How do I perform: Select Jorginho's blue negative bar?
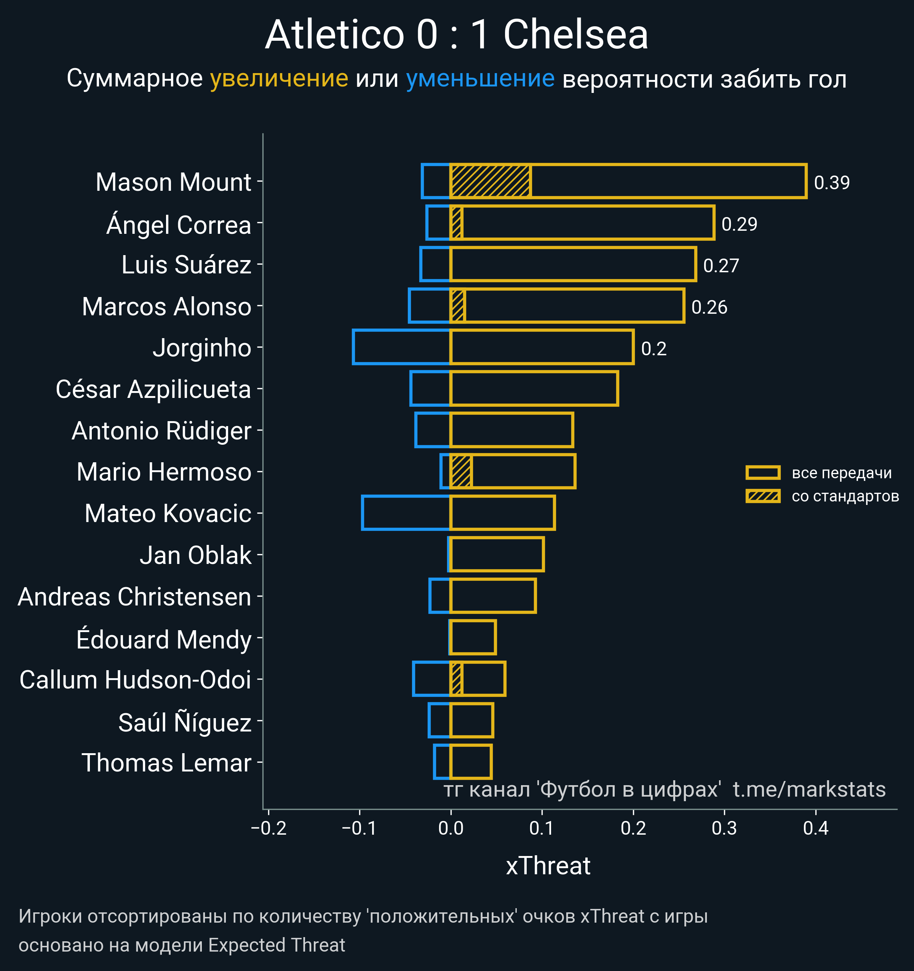401,347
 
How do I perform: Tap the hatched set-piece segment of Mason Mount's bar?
490,182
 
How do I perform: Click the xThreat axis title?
548,866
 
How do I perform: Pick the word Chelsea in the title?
575,35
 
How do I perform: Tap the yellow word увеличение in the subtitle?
279,79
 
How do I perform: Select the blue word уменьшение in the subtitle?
480,79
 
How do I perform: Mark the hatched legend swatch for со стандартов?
762,496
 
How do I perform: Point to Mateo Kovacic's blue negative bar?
406,513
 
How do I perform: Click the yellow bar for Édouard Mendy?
472,637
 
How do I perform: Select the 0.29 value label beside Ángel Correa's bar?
739,224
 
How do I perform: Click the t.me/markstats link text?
809,790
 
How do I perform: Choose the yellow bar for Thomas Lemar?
470,762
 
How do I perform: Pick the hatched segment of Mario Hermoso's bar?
461,471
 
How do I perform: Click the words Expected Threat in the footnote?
276,945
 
